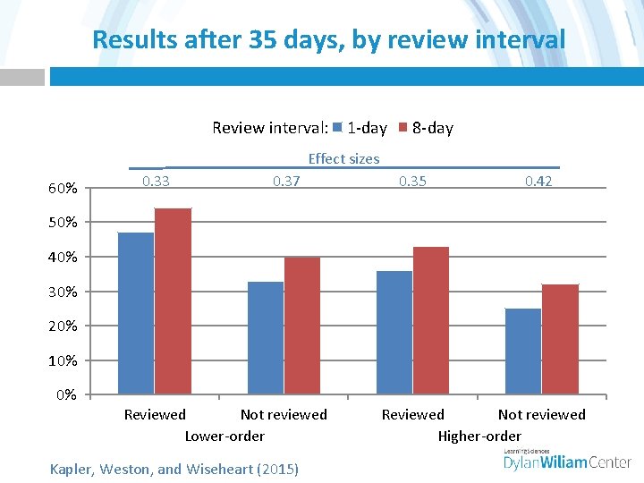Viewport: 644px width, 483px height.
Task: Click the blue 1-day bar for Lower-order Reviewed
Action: (x=136, y=313)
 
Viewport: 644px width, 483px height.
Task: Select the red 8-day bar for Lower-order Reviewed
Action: (x=173, y=301)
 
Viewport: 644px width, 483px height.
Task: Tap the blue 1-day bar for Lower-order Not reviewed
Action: (x=266, y=338)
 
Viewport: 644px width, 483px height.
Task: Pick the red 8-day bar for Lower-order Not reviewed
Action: (x=302, y=326)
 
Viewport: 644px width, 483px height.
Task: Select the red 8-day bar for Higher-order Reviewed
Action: (x=431, y=320)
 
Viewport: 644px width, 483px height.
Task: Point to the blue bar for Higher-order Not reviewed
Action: (x=523, y=352)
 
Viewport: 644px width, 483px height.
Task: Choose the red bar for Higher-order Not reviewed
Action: (x=560, y=339)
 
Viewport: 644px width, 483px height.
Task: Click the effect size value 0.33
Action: (x=157, y=182)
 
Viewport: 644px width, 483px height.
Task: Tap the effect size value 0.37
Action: (x=286, y=182)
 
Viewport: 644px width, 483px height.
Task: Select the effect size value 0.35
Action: (x=412, y=182)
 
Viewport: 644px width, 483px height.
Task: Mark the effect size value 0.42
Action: (x=538, y=182)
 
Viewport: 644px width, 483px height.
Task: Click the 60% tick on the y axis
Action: (x=63, y=189)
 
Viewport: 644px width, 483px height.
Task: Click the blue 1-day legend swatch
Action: (x=337, y=128)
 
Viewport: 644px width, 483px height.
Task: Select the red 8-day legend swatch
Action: (x=402, y=128)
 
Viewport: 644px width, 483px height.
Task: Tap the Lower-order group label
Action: (x=225, y=436)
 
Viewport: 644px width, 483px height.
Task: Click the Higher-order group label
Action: (x=479, y=436)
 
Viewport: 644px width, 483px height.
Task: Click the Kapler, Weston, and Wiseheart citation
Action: (x=174, y=468)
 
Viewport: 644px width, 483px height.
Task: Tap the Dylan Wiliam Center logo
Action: (x=568, y=460)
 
